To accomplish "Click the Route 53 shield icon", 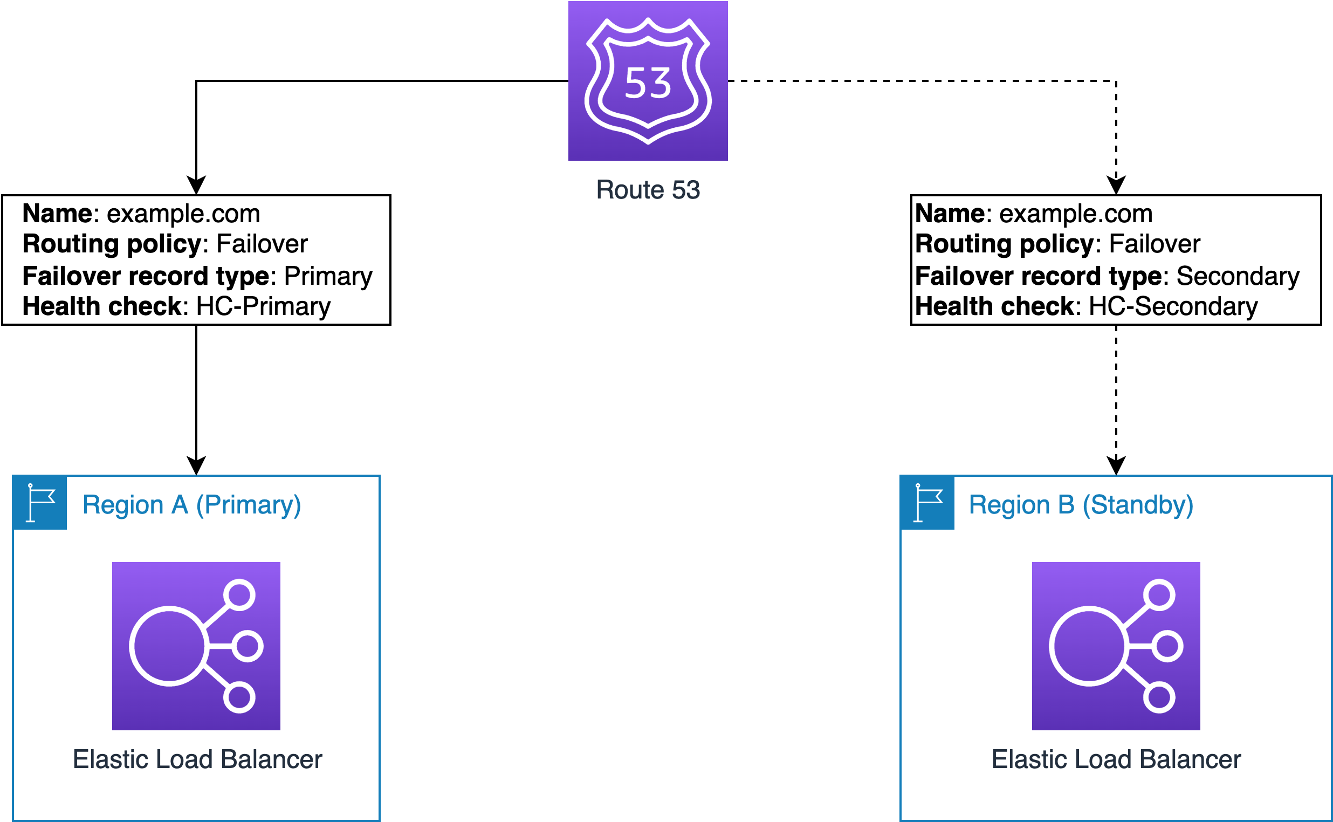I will (648, 81).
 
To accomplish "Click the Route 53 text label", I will (648, 190).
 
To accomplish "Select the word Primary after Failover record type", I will (328, 276).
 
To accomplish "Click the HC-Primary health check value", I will (263, 306).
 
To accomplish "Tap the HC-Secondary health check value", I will (1173, 306).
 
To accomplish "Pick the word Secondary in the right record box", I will (1238, 276).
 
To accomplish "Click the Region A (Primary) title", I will (191, 505).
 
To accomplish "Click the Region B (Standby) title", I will (1081, 505).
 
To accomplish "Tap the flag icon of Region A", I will (40, 503).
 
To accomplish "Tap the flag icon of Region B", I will (927, 503).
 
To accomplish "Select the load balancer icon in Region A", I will (196, 646).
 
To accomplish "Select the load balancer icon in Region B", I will (1116, 646).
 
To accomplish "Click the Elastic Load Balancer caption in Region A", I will (197, 759).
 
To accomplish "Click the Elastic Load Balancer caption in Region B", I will (1116, 759).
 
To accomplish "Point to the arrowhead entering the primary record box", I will (196, 185).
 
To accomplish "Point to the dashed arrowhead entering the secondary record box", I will (1116, 185).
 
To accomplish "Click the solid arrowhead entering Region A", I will (196, 465).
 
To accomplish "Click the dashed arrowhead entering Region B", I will (1116, 465).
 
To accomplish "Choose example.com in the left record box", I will (183, 214).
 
